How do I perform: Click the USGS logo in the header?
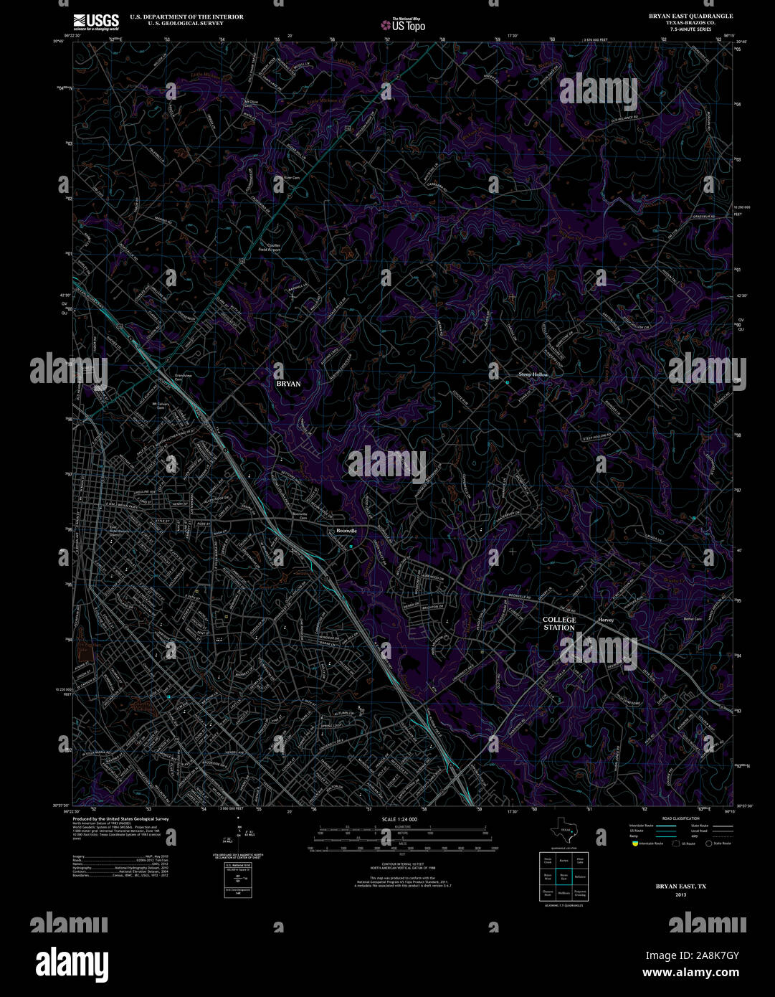[96, 22]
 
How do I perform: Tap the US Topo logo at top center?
[402, 24]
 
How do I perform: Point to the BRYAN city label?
[288, 384]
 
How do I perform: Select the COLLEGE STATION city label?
[559, 623]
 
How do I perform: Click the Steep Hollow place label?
[533, 374]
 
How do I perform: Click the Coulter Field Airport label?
[274, 247]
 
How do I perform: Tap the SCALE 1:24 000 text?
[399, 819]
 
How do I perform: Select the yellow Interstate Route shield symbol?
[634, 844]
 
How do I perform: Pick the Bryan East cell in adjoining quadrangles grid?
[564, 876]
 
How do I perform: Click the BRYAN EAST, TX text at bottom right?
[680, 887]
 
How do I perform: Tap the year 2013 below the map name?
[680, 895]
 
